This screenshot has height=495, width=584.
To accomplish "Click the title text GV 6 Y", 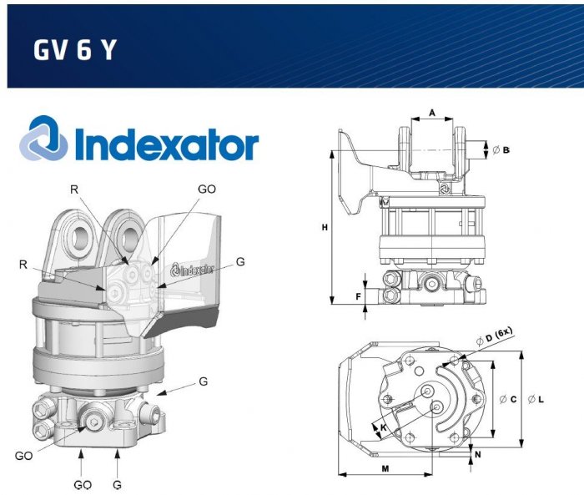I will point(74,50).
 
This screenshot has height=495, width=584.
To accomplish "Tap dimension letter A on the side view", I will point(432,112).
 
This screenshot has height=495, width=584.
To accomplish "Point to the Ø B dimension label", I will point(501,149).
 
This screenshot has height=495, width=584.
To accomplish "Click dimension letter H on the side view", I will point(325,226).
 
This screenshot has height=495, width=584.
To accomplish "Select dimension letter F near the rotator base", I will point(360,296).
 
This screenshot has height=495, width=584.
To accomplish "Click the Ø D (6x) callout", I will point(492,336).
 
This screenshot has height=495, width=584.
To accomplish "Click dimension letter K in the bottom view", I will point(382,427).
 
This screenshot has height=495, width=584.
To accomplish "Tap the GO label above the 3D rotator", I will point(206,189).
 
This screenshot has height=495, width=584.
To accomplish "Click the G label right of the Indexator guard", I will point(239,261).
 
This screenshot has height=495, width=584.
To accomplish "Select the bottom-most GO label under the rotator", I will point(82,484).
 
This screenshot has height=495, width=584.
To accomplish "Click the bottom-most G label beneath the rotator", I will point(118,484).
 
